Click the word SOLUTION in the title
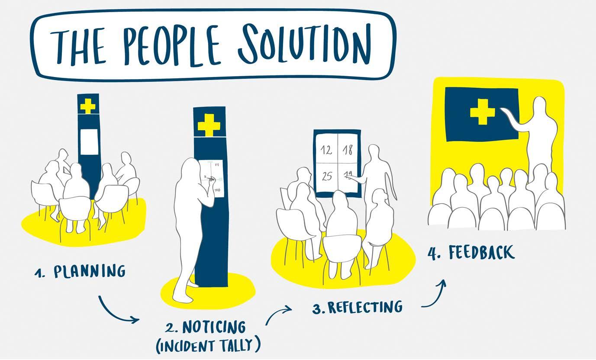(x=303, y=43)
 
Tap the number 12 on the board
(x=327, y=150)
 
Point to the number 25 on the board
(x=327, y=176)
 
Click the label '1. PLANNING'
(x=81, y=272)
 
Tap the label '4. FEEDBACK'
(x=471, y=252)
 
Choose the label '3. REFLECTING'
(x=358, y=307)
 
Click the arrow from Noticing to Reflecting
(x=278, y=315)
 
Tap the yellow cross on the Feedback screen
(x=482, y=111)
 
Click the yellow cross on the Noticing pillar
(x=209, y=125)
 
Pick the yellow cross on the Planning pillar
(x=88, y=106)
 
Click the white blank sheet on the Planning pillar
(x=89, y=142)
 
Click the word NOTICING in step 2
(x=214, y=327)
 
